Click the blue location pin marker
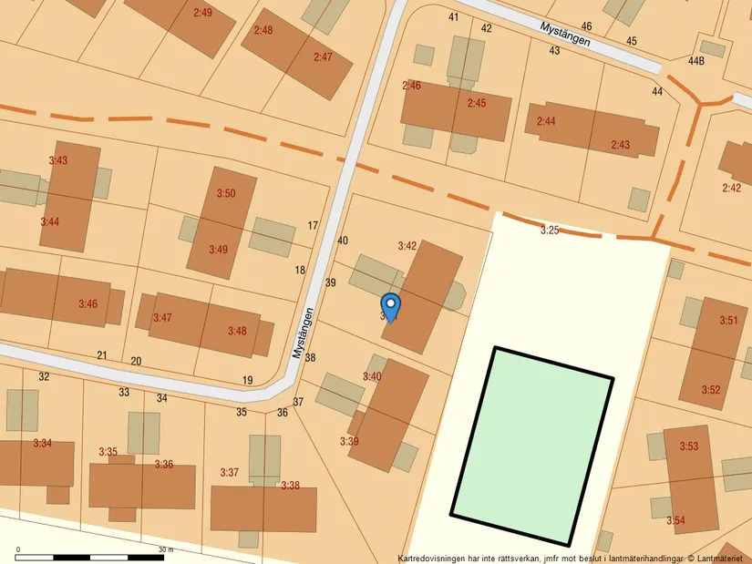(x=390, y=307)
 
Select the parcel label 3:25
(x=550, y=231)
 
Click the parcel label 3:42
(x=407, y=246)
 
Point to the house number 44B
(x=696, y=61)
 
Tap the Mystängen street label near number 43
(x=565, y=35)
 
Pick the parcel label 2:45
(x=477, y=104)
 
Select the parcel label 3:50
(x=226, y=193)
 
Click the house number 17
(x=313, y=226)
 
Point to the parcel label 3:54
(x=675, y=521)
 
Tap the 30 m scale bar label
(x=165, y=549)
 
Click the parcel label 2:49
(x=202, y=13)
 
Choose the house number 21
(x=102, y=355)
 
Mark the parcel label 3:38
(x=290, y=486)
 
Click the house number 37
(x=298, y=402)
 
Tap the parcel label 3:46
(x=88, y=303)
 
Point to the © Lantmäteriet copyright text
(x=719, y=558)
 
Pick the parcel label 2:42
(x=731, y=188)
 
